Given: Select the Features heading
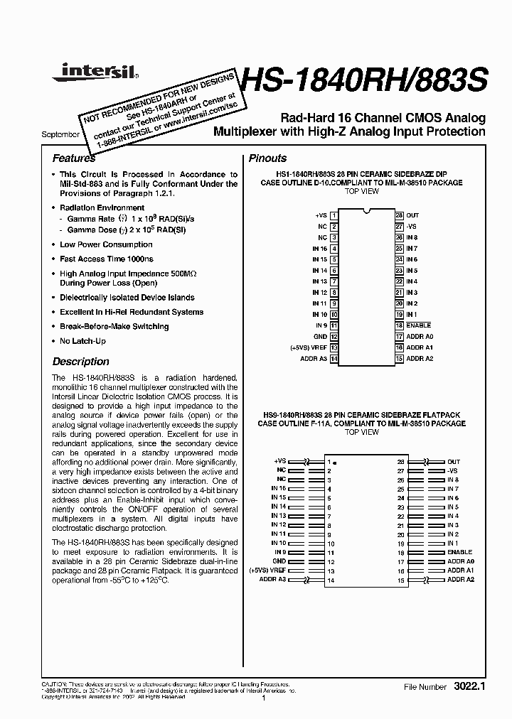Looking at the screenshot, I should point(74,158).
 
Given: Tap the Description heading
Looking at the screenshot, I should point(81,362).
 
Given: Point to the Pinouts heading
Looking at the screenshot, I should point(267,158).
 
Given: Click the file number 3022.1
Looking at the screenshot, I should point(467,688).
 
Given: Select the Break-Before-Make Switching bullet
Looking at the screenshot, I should point(114,327).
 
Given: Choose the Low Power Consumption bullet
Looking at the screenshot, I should point(106,244).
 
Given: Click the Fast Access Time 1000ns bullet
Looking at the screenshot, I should point(106,259).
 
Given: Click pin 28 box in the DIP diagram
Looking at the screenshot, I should point(400,215).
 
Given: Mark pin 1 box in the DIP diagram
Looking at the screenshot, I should point(334,215).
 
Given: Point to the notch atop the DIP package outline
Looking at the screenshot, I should point(366,212).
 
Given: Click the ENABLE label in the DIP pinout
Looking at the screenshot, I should point(419,325).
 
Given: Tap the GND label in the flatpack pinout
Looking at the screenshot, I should point(279,561).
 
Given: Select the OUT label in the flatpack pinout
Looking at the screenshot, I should point(453,462).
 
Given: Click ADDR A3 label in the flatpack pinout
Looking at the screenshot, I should point(273,580).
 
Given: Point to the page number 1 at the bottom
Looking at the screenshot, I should point(263,699).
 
